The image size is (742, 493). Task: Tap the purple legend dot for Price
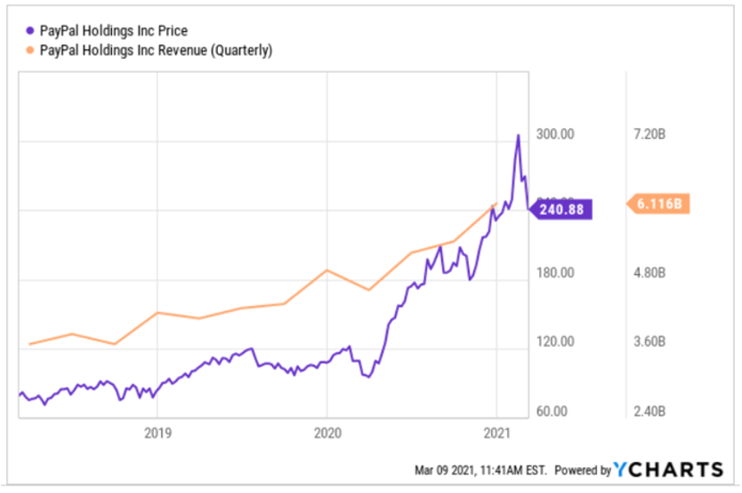[x=29, y=30]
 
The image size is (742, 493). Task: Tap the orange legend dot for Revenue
[x=29, y=50]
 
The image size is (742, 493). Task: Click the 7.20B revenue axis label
[x=649, y=134]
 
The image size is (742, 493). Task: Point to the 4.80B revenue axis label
[x=649, y=273]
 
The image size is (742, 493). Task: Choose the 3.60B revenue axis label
[x=649, y=343]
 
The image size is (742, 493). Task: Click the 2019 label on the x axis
[x=157, y=434]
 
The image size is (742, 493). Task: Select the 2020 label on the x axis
[x=327, y=434]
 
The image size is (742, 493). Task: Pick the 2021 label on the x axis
[x=496, y=434]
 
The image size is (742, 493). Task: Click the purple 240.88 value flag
[x=561, y=209]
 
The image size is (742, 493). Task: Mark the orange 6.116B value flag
[x=659, y=204]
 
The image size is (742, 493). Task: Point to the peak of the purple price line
[x=518, y=135]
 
